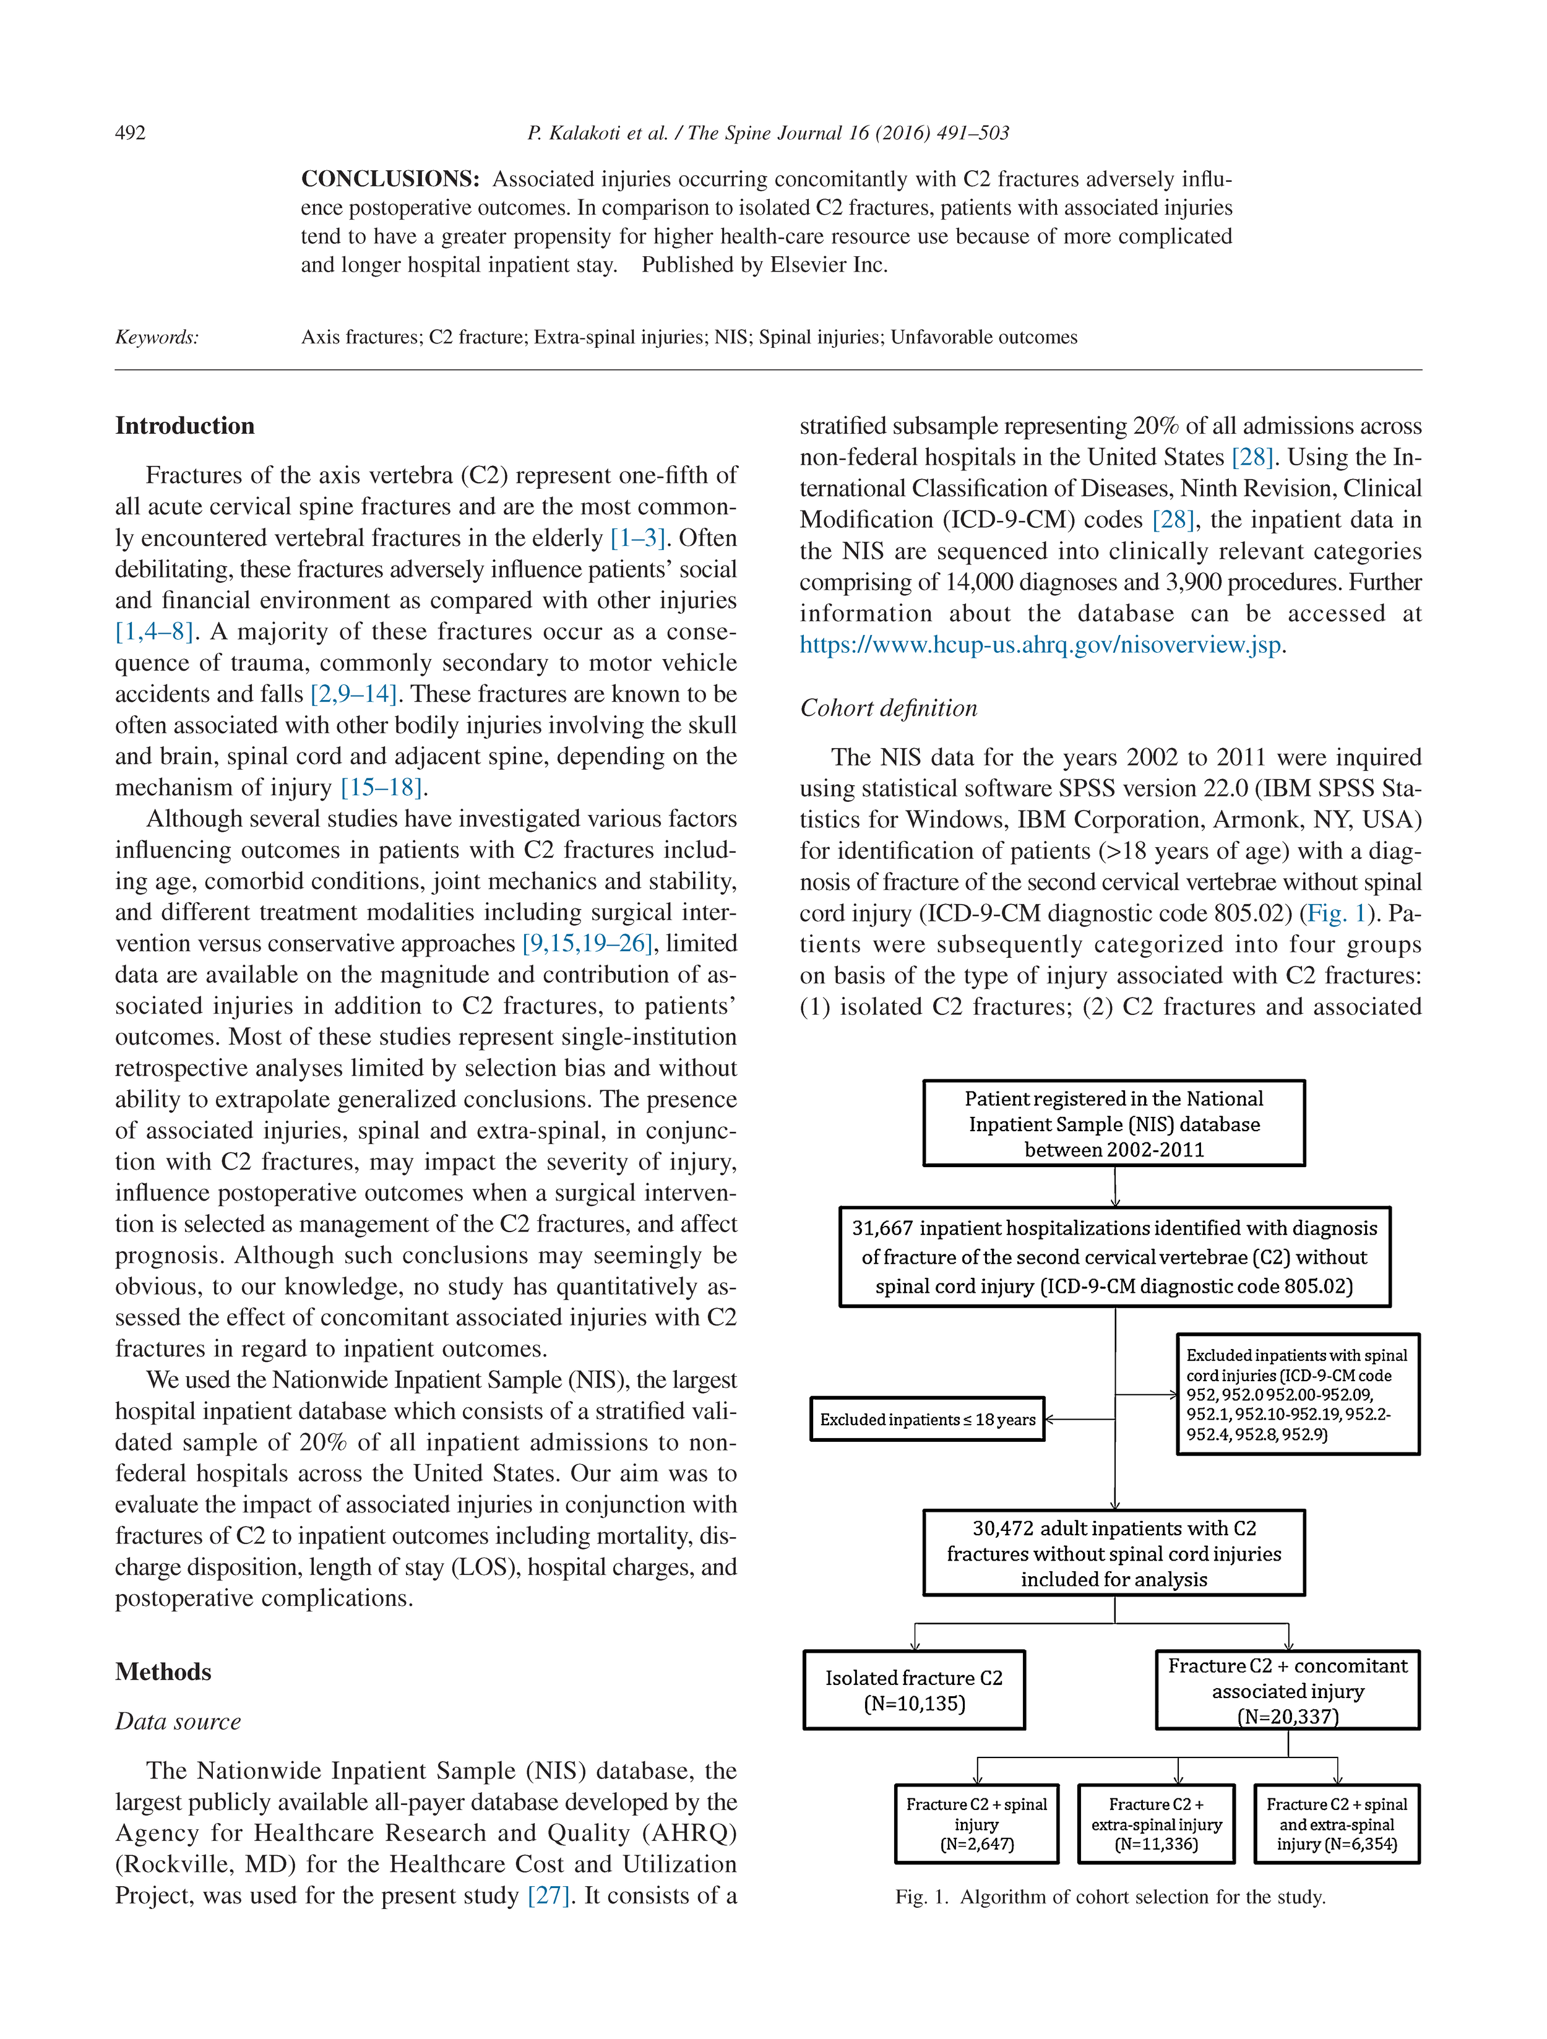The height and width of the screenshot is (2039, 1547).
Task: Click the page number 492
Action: coord(130,133)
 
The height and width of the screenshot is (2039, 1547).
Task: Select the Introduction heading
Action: coord(184,426)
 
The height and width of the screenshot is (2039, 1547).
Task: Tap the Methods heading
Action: coord(163,1671)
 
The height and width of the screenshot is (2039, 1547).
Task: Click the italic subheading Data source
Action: coord(178,1721)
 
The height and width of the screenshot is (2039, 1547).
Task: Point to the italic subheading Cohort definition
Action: coord(888,708)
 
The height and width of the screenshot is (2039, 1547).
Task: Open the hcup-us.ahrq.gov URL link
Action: coord(1040,644)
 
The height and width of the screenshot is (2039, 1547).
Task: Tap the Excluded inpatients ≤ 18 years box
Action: coord(926,1420)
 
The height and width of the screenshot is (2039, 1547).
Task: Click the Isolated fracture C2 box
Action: coord(913,1689)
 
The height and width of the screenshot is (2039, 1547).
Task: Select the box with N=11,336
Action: coord(1156,1824)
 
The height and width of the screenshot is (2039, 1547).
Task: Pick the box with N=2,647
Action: coord(976,1824)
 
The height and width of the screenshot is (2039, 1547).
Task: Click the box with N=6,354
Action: coord(1336,1824)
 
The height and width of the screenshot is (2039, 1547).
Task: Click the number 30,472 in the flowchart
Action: coord(1003,1528)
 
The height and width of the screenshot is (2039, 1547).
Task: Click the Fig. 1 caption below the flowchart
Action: coord(1110,1897)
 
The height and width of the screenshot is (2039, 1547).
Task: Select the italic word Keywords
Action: coord(157,337)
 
